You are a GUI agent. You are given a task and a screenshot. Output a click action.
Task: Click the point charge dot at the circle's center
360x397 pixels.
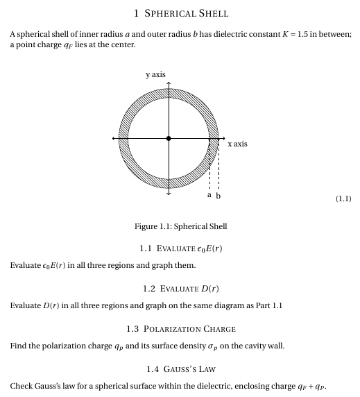169,139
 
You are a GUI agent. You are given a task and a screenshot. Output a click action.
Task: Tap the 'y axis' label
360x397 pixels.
155,74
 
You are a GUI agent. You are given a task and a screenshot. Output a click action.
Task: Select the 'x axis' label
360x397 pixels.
237,144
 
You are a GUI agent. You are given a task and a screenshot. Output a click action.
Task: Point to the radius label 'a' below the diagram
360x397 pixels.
209,196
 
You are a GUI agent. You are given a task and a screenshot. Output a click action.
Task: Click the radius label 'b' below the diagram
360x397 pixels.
219,196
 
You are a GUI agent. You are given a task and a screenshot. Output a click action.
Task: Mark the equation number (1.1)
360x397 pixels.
343,199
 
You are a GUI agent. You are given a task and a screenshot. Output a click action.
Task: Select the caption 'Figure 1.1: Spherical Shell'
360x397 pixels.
181,226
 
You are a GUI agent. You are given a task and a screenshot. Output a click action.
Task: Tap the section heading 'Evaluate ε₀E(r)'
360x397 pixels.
180,248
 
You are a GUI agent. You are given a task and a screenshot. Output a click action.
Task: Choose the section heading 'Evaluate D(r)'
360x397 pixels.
180,288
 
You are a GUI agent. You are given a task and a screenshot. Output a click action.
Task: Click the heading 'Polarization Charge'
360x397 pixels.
181,328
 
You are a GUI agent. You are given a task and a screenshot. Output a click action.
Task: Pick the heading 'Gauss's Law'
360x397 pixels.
180,369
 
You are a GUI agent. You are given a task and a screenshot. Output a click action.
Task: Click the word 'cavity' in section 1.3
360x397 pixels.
250,346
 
